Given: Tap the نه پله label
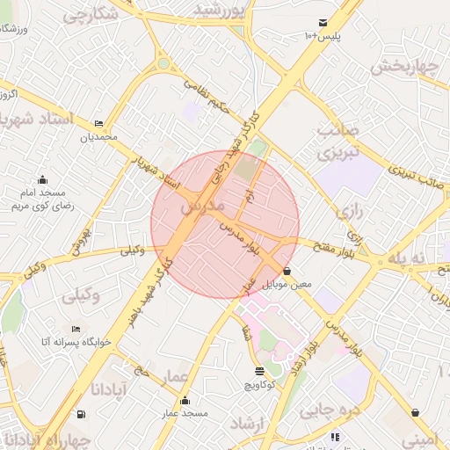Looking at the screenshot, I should click(421, 257).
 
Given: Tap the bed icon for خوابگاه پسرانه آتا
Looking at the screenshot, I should click(76, 328).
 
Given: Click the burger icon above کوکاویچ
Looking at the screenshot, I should click(258, 372).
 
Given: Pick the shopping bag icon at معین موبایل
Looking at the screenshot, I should click(287, 272).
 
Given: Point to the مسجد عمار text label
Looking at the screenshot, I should click(184, 412).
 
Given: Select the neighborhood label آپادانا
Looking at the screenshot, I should click(111, 388).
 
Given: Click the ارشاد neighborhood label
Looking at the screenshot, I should click(247, 424).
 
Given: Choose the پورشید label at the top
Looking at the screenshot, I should click(218, 10).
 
